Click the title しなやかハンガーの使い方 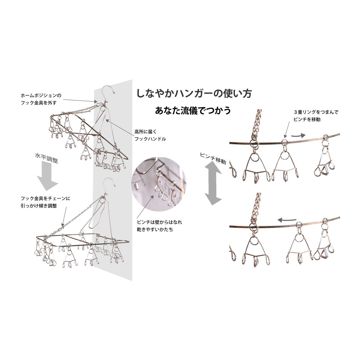coord(194,93)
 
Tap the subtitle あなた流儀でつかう coord(193,110)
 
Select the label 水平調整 coord(46,158)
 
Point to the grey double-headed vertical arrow coord(213,183)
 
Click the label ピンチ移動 coord(213,158)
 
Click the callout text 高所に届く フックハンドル coord(150,135)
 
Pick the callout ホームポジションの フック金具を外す coord(41,99)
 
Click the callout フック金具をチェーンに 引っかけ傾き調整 coord(45,202)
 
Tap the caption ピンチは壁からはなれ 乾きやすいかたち coord(159,226)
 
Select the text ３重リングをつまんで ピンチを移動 coord(316,115)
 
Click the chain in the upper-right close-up coord(257,123)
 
